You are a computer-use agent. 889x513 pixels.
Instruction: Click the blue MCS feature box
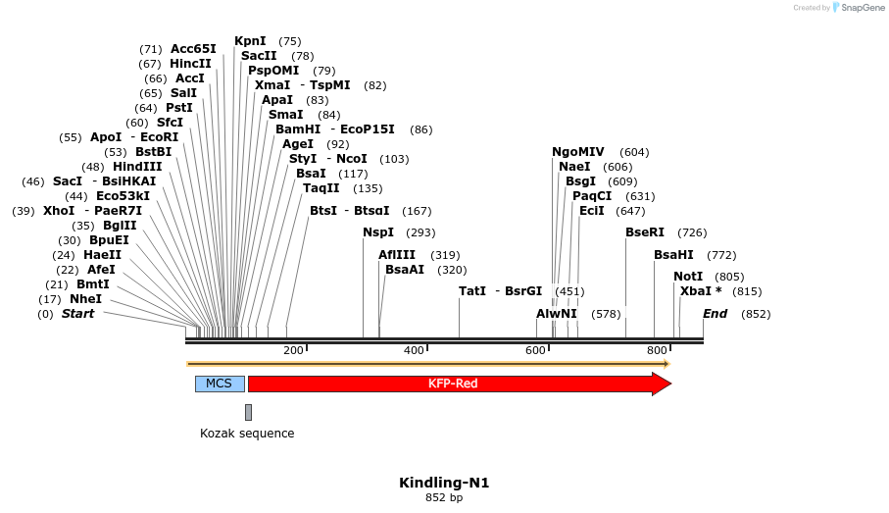tap(220, 384)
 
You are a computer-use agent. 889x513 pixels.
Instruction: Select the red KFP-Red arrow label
tap(453, 384)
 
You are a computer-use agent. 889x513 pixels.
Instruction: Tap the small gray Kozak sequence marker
tap(249, 412)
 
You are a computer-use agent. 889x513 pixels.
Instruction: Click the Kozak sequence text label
tap(247, 434)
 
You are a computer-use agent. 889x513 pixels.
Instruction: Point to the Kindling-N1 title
tap(444, 483)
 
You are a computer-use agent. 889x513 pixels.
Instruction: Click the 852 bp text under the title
tap(444, 498)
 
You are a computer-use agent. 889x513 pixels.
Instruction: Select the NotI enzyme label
tap(688, 277)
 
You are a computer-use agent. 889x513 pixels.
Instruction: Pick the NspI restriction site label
tap(378, 232)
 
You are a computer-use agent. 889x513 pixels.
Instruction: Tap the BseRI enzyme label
tap(645, 232)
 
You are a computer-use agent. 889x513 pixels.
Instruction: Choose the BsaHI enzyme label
tap(673, 255)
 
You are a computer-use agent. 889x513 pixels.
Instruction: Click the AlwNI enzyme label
tap(556, 314)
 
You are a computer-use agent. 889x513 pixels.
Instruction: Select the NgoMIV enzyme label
tap(578, 152)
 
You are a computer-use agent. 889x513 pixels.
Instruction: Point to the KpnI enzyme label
tap(250, 41)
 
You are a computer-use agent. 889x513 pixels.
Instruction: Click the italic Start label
tap(78, 314)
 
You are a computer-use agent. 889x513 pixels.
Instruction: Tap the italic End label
tap(715, 314)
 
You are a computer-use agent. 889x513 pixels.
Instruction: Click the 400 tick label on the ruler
tap(414, 350)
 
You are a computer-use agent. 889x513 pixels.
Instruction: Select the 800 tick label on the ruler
tap(657, 350)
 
